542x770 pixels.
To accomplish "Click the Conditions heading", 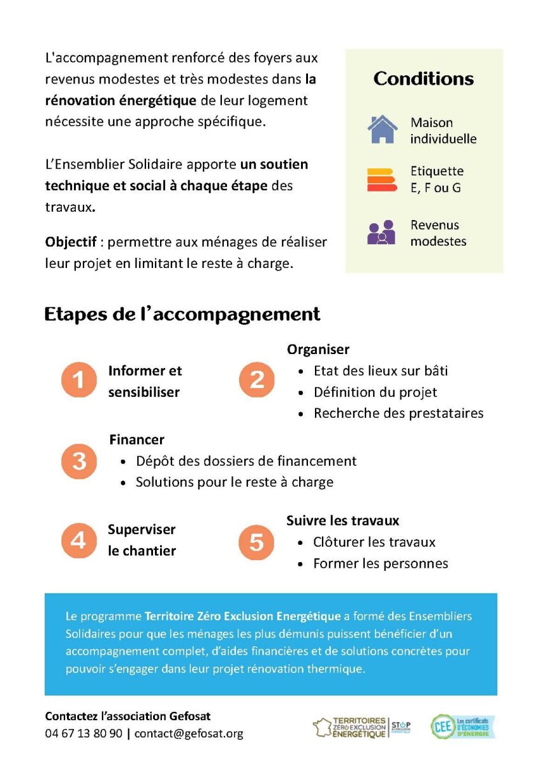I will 423,79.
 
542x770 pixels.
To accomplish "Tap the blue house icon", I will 382,130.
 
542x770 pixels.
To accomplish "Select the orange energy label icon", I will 382,179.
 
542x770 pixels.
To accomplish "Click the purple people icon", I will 381,232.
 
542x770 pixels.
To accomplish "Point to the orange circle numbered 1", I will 78,381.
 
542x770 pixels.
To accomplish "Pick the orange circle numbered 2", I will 256,381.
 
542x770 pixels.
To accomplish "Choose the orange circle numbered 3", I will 78,461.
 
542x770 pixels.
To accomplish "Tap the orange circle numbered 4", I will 78,540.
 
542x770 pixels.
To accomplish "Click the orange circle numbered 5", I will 256,542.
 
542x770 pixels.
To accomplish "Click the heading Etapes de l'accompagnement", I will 182,315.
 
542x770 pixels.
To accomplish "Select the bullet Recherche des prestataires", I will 399,413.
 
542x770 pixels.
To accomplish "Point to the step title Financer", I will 136,440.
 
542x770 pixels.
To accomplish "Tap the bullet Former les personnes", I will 381,563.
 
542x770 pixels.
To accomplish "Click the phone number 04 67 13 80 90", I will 84,734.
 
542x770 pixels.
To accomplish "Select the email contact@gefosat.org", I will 189,734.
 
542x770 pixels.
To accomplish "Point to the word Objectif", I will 71,243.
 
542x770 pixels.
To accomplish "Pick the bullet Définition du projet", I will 375,392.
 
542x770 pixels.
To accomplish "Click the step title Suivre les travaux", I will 342,521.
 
